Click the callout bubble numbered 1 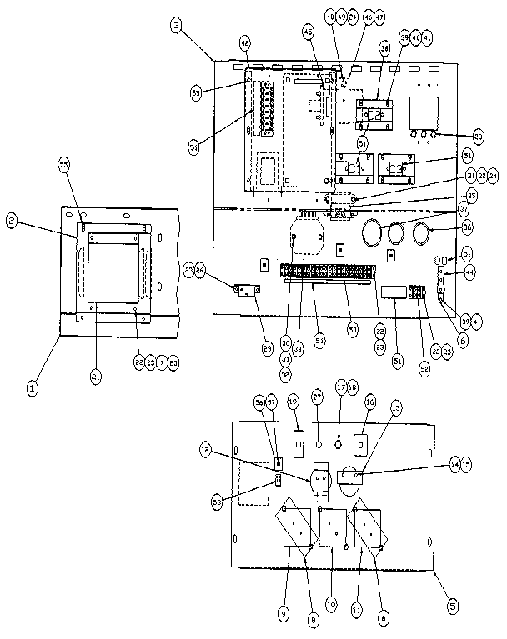(x=33, y=387)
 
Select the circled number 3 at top (x=177, y=26)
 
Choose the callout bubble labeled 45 (x=308, y=32)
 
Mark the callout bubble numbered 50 (x=353, y=331)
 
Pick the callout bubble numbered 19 (x=293, y=401)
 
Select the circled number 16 (x=369, y=402)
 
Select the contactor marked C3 (x=369, y=528)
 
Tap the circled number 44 (x=471, y=272)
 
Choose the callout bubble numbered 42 (x=245, y=41)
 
